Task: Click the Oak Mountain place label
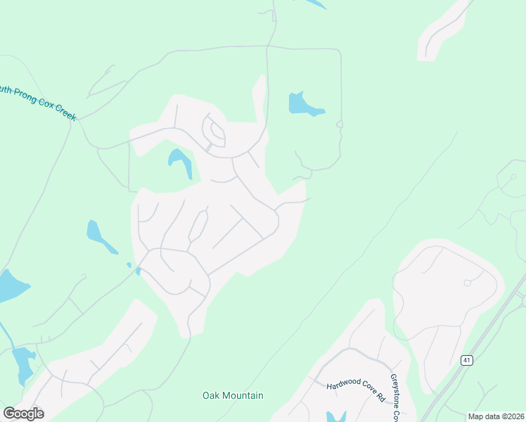click(233, 395)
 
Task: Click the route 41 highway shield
click(466, 360)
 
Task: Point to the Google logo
click(23, 413)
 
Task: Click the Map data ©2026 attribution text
click(495, 416)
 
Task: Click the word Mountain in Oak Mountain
click(245, 395)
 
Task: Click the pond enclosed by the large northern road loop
click(303, 105)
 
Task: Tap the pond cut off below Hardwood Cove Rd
click(336, 416)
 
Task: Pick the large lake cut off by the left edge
click(10, 285)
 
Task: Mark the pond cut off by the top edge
click(316, 4)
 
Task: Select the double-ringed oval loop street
click(214, 131)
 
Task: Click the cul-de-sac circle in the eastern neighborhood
click(467, 283)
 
